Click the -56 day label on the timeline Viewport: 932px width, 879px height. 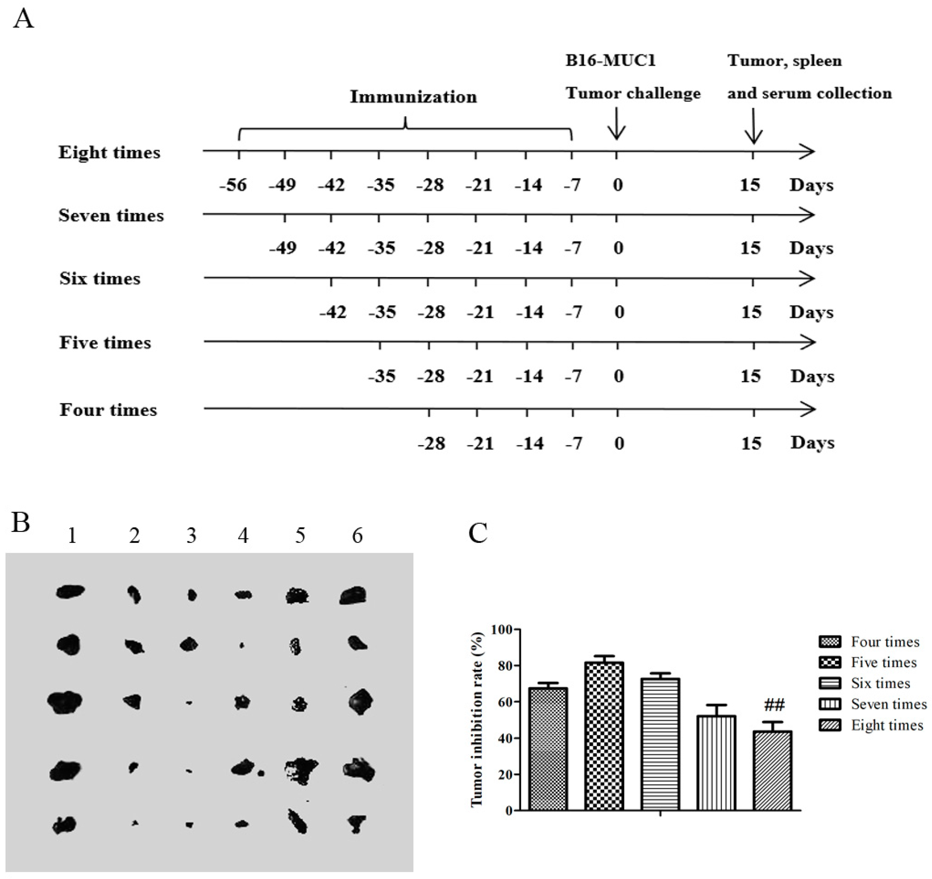233,185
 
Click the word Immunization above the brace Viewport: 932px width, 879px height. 413,97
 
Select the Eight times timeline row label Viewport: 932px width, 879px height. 109,153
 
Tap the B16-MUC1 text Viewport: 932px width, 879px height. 610,61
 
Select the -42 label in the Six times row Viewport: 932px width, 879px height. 333,313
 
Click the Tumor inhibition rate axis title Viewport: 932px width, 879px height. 477,720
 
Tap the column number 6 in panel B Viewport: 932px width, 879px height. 357,536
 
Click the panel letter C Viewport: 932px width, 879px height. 478,533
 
